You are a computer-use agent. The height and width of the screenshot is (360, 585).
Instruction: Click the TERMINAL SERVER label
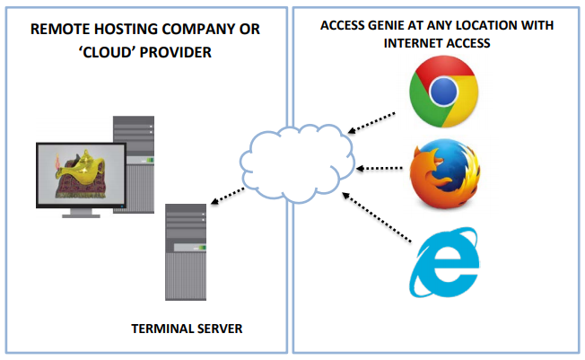click(x=187, y=329)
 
